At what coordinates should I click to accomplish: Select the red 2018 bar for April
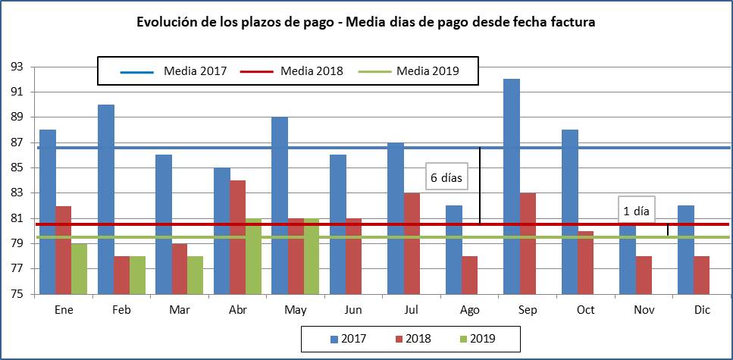click(x=238, y=237)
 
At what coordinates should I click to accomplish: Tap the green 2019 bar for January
click(x=79, y=268)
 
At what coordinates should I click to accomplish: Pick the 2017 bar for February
click(x=106, y=199)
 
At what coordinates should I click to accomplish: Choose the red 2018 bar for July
click(x=412, y=243)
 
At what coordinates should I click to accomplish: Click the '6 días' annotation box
click(x=446, y=177)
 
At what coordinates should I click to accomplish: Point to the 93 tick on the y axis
click(x=15, y=67)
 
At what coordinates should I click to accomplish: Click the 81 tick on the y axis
click(x=15, y=218)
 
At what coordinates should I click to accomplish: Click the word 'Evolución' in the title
click(x=165, y=23)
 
